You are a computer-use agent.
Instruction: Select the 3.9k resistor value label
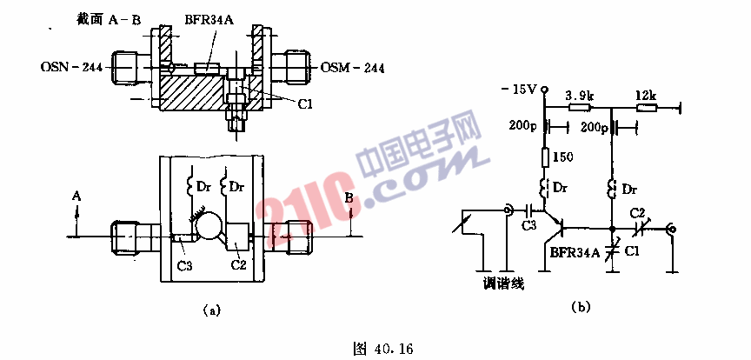coord(579,96)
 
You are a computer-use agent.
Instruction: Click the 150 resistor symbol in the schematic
coord(545,157)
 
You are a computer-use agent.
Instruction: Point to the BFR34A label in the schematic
coord(572,254)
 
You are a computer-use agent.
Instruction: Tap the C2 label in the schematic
coord(638,212)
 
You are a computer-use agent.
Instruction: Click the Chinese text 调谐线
coord(504,284)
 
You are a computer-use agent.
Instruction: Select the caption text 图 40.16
coord(382,349)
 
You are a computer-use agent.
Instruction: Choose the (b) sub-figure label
coord(581,306)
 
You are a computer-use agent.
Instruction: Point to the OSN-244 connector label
coord(72,68)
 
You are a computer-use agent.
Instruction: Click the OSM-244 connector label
coord(352,68)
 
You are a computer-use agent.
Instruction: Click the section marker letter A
coord(76,196)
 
